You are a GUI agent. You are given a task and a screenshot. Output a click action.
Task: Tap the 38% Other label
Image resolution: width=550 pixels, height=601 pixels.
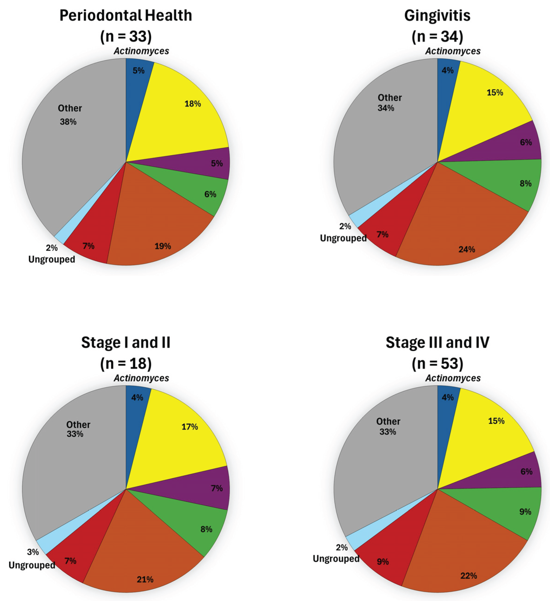coord(68,122)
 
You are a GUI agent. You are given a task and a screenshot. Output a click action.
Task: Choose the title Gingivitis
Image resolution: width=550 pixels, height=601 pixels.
coord(437,16)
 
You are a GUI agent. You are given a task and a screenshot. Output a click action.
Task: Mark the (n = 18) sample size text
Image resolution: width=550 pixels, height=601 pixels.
coord(126,363)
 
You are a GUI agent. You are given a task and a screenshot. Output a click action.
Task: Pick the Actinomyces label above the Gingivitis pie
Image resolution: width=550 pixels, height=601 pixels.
coord(453,51)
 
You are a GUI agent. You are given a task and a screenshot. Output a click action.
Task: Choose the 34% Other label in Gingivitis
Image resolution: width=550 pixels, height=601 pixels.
coord(386,108)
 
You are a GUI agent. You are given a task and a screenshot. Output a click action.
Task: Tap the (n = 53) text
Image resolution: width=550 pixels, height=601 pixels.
coord(437,363)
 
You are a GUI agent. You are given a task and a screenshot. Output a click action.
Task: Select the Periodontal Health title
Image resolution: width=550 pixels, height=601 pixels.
coord(126,16)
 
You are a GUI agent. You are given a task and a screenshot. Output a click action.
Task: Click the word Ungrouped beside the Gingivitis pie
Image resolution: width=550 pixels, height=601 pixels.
coord(343,238)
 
